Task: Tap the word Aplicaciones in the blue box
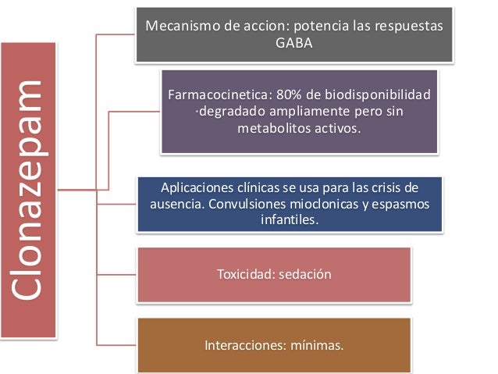coord(196,188)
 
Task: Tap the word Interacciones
coord(243,344)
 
